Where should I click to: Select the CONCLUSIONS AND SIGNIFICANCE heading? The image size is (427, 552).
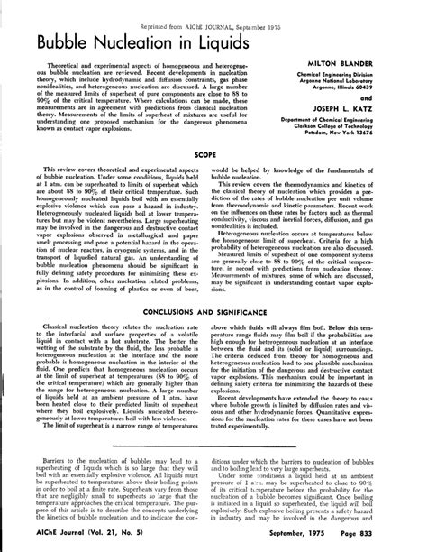(213, 335)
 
